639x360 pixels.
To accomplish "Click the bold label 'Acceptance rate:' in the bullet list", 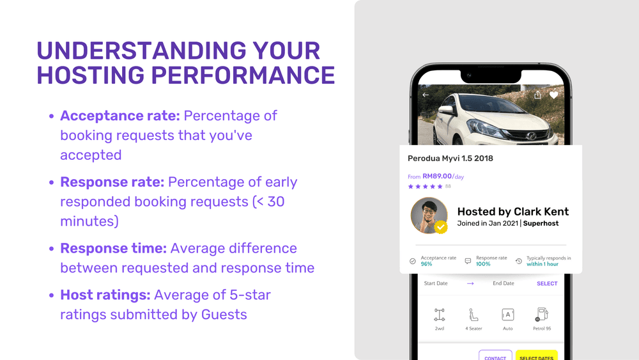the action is [120, 116].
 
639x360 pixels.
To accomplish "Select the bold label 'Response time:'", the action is [113, 248].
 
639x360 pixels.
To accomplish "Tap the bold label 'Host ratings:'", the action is [105, 295].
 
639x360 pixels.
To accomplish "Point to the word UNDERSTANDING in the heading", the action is [141, 51].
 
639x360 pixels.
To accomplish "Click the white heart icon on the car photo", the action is [553, 95].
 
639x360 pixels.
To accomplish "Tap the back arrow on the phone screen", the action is [426, 95].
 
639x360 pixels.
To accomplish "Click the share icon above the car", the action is [538, 95].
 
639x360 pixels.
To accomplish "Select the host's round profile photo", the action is [429, 215].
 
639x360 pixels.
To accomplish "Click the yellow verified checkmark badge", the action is [440, 227].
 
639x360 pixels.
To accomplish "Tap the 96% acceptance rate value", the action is [426, 264].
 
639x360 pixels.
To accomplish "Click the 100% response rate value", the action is [483, 264].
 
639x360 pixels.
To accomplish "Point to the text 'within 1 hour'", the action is [543, 264].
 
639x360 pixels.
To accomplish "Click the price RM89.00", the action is [437, 176].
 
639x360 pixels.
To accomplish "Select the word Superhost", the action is [541, 223].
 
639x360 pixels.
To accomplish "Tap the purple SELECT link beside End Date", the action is [547, 283].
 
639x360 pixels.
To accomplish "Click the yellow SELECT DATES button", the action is [536, 356].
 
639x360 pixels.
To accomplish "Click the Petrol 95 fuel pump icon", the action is [542, 315].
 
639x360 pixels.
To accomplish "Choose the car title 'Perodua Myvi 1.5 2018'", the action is [450, 159].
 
